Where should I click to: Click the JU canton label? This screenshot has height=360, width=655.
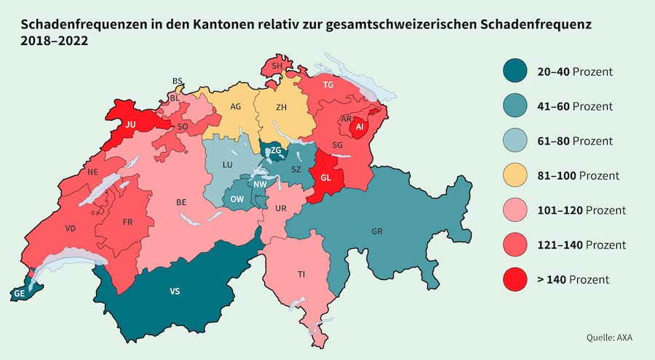click(131, 124)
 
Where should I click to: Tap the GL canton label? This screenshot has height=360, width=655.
click(325, 177)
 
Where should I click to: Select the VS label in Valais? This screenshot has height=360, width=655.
click(175, 291)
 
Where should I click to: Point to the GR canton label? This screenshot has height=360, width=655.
click(377, 231)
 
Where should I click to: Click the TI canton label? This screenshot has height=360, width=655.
click(301, 274)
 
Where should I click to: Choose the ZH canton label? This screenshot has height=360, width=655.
click(281, 107)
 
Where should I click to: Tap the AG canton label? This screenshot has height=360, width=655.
click(235, 106)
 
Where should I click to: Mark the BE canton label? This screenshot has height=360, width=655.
click(181, 203)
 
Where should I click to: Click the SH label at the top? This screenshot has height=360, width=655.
click(277, 66)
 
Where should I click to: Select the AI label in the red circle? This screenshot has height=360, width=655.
click(358, 127)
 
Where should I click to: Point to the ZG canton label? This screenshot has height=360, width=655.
click(276, 150)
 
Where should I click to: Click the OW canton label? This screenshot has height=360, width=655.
click(237, 199)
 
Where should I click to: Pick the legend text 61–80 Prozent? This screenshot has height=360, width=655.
click(576, 140)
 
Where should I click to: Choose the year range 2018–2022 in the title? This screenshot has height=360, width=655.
click(54, 41)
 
